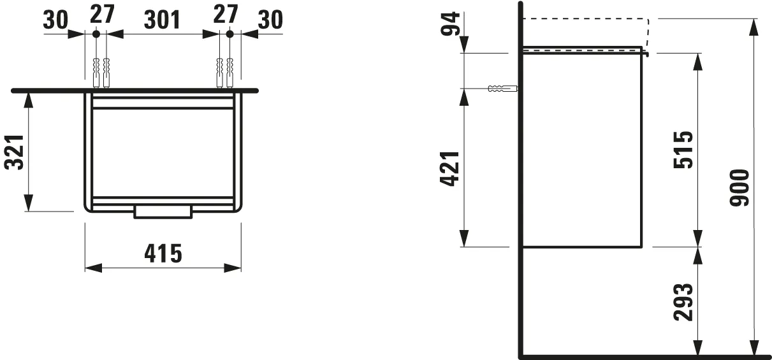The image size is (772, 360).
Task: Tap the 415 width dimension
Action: point(163,254)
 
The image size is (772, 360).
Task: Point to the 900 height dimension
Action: point(739,188)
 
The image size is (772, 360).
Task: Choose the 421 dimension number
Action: point(450,168)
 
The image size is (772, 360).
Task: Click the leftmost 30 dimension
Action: point(55,20)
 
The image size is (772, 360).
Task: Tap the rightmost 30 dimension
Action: point(270,20)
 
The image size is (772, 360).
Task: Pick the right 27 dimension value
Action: point(226,13)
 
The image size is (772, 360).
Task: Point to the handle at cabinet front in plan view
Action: point(163,212)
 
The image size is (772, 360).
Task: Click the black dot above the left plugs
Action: point(96,33)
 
